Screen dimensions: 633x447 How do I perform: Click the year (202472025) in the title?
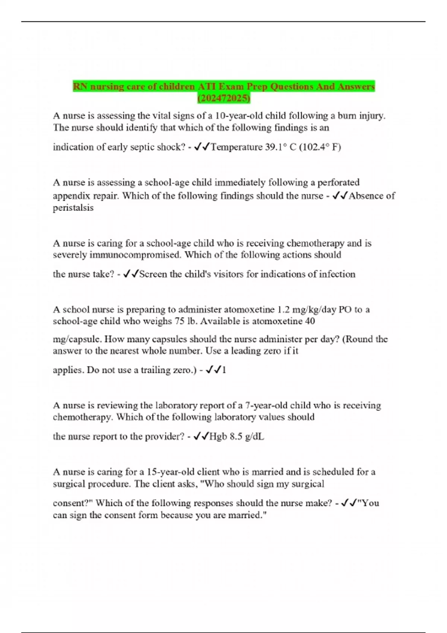click(x=223, y=98)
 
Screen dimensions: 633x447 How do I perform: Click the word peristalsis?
click(x=73, y=208)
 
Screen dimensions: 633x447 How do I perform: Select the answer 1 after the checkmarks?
click(x=224, y=370)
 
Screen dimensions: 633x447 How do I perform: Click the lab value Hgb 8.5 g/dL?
click(x=237, y=436)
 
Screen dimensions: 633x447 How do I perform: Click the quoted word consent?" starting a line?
click(x=73, y=503)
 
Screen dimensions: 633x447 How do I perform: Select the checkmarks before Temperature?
click(x=202, y=147)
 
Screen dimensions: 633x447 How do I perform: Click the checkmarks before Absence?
click(x=340, y=196)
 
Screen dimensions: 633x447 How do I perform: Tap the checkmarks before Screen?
click(x=130, y=274)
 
